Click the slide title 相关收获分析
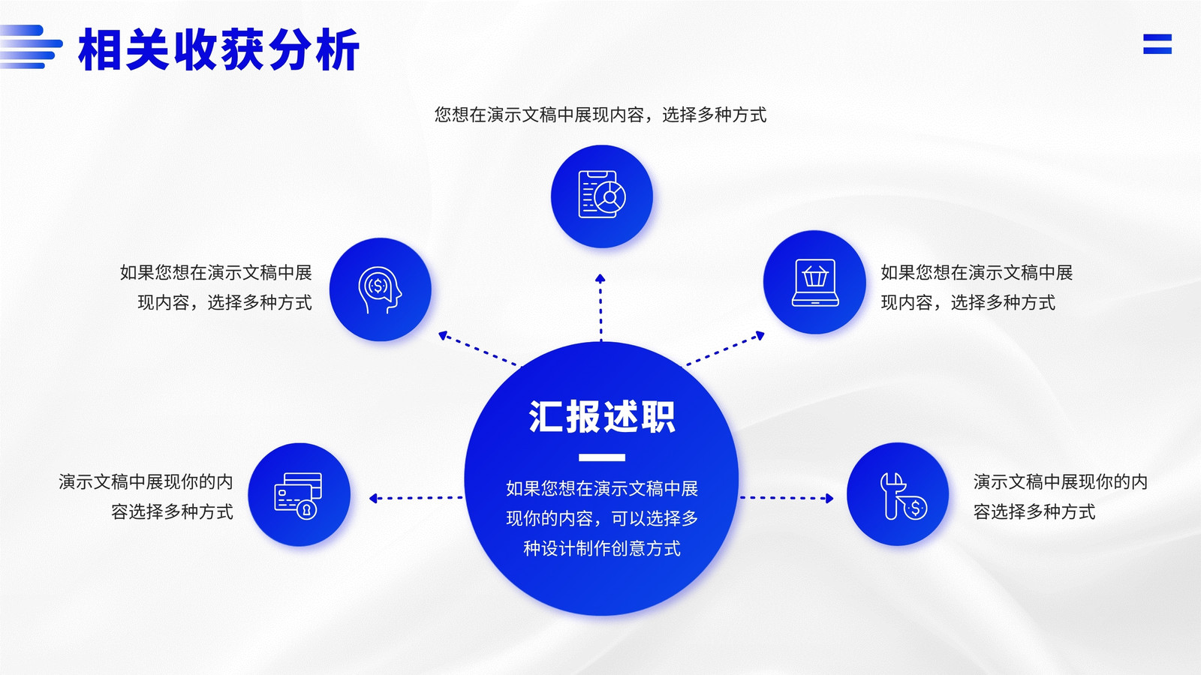[218, 49]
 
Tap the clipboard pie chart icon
[602, 194]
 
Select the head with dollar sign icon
[380, 289]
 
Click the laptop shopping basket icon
[815, 282]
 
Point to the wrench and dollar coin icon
[904, 496]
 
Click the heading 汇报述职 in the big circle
[601, 416]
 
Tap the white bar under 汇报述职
[601, 457]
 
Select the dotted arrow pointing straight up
[600, 307]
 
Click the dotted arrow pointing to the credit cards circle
[416, 498]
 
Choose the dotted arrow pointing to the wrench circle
[787, 498]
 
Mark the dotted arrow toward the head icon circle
[479, 349]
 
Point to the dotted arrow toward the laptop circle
[724, 349]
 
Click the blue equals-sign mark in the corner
[1157, 44]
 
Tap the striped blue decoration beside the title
[31, 46]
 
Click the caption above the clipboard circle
[600, 115]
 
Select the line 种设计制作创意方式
[601, 548]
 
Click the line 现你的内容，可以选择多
[601, 518]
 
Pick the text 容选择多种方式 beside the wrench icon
[1034, 512]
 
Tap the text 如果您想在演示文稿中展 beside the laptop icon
[977, 273]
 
